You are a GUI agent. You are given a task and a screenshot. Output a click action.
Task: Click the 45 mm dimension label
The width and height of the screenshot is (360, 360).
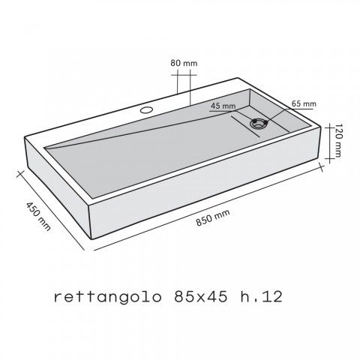[x=223, y=106]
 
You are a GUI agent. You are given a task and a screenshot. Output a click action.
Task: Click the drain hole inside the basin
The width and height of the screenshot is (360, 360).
[x=259, y=124]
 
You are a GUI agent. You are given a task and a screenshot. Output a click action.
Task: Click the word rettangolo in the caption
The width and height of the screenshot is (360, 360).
[x=103, y=298]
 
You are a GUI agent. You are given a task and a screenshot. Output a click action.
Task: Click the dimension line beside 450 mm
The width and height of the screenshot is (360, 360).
[x=49, y=210]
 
